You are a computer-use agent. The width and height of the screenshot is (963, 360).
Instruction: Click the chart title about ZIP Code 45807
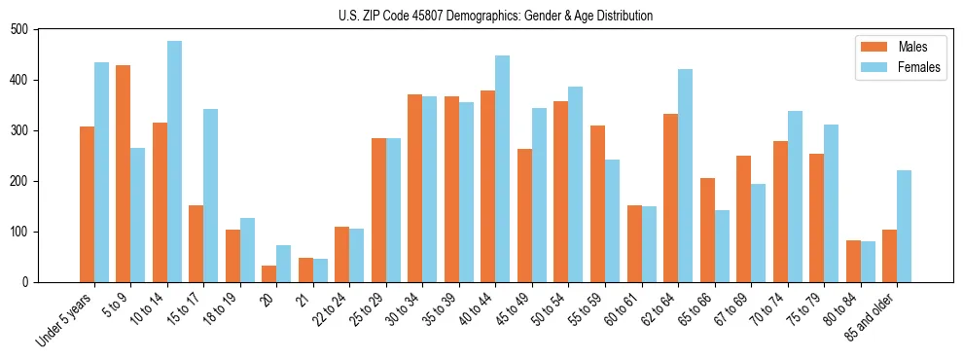click(481, 16)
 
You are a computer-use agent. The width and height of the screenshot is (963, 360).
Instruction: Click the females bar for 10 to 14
click(174, 162)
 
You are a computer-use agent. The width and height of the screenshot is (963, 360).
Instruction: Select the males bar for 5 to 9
click(124, 173)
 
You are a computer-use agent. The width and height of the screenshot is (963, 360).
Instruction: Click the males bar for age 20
click(269, 273)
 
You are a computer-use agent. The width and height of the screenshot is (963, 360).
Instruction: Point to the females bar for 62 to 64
click(685, 175)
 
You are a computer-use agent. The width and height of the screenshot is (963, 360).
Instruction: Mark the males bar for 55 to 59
click(597, 203)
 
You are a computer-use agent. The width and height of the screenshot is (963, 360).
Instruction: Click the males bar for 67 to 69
click(743, 219)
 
